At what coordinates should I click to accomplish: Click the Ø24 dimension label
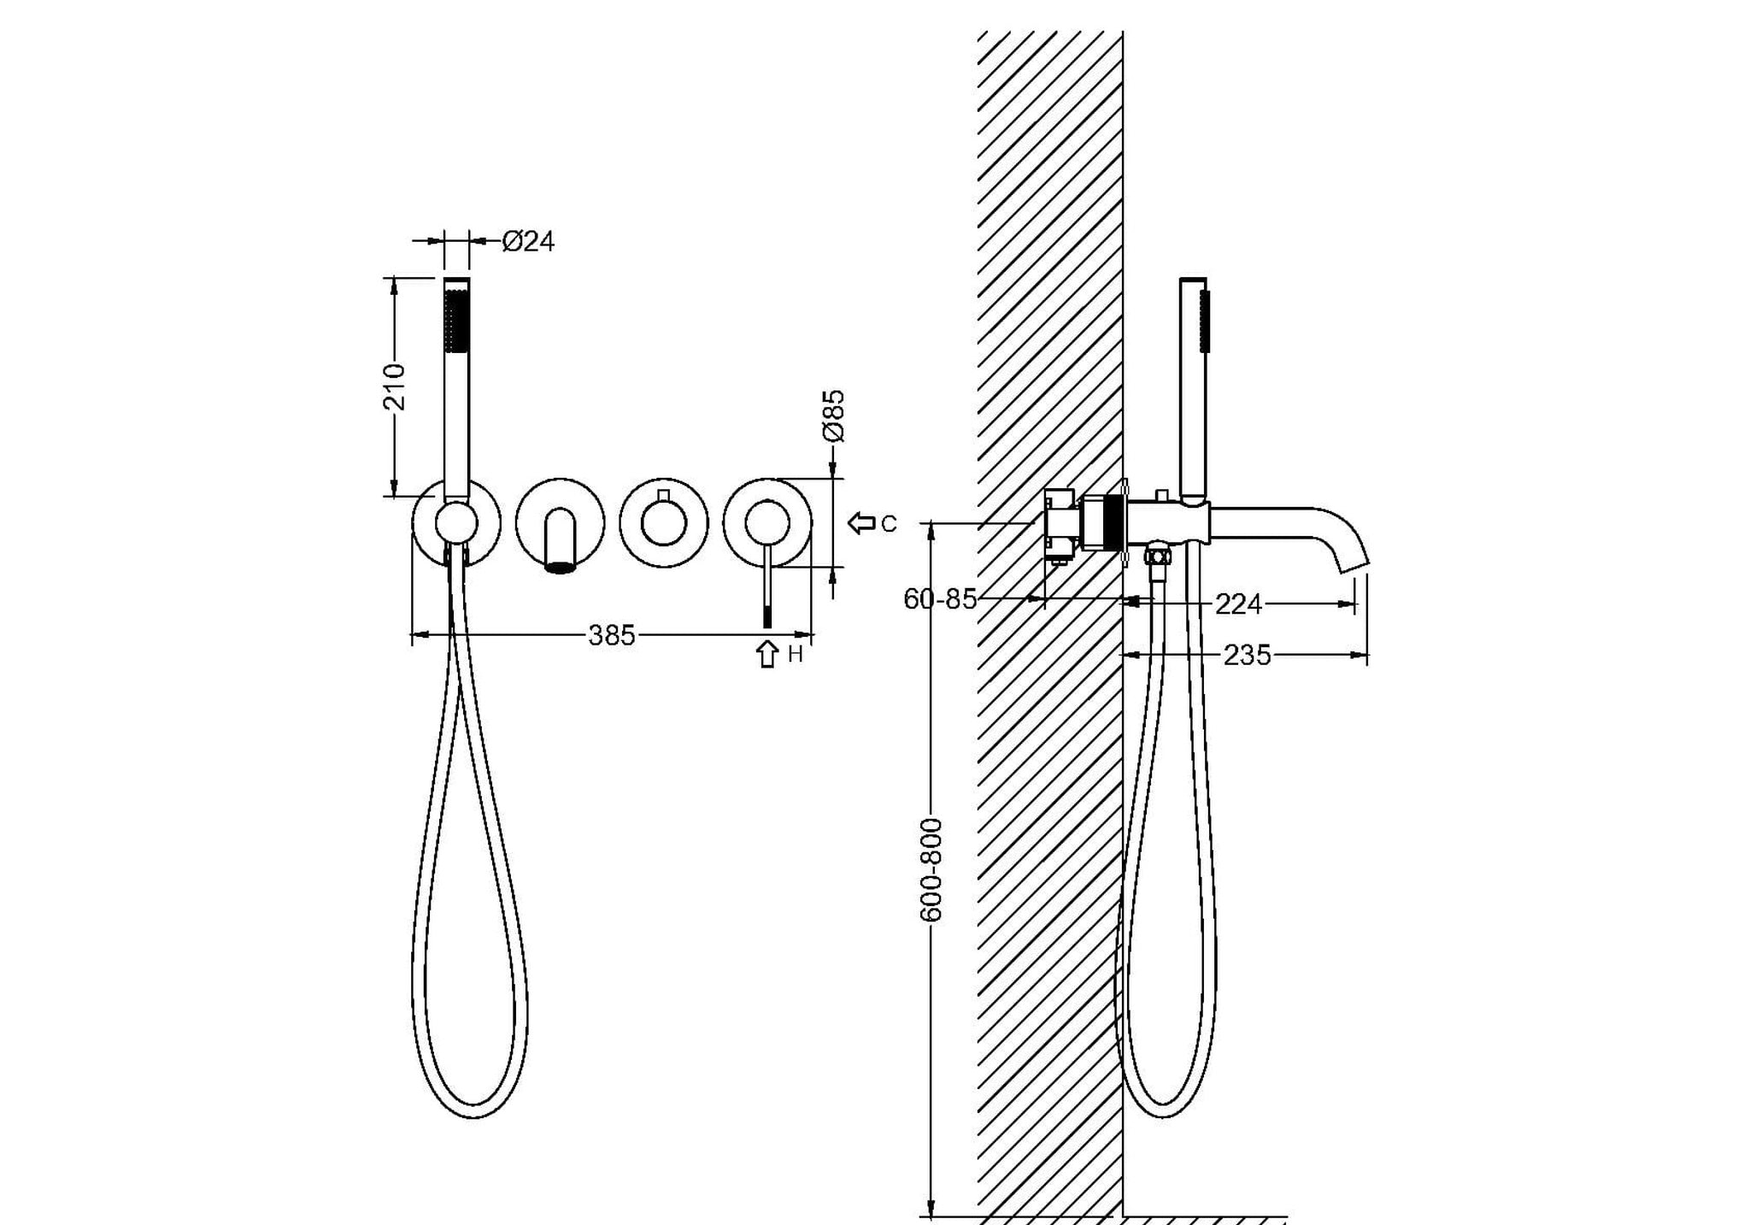(528, 242)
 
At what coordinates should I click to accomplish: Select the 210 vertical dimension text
(395, 386)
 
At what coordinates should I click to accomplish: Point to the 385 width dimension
(612, 635)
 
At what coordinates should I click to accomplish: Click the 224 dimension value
(1238, 604)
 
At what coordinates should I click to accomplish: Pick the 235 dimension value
(1247, 656)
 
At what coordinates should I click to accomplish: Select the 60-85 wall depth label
(940, 599)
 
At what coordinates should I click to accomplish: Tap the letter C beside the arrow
(889, 524)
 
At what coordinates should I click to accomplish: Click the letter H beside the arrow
(795, 655)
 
